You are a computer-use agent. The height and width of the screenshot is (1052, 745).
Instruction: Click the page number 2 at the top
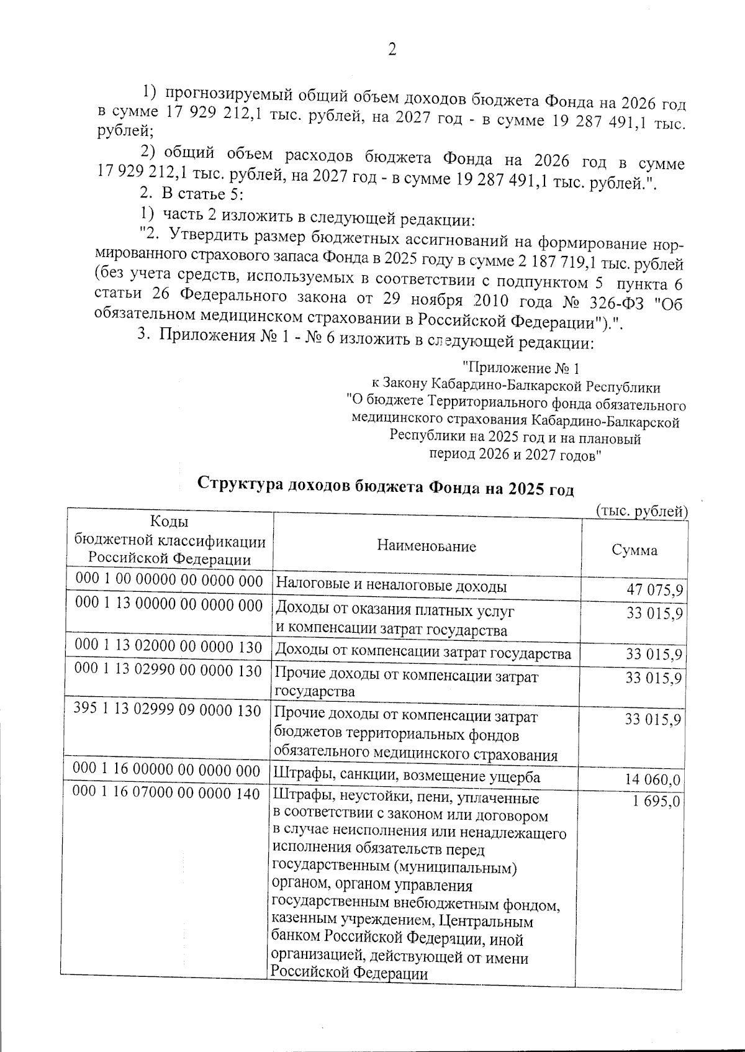(392, 50)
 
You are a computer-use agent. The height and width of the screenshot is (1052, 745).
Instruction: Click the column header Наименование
(426, 546)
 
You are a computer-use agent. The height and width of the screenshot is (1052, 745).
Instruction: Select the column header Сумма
(634, 550)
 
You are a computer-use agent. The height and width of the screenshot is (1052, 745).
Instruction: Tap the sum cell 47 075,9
(654, 589)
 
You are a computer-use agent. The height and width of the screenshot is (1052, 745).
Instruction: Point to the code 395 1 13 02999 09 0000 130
(167, 710)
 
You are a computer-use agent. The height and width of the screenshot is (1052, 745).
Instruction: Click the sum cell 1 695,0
(656, 801)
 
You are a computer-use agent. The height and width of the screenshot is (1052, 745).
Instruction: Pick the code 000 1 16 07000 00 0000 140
(166, 793)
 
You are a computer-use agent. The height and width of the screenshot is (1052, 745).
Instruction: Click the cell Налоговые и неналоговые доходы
(391, 586)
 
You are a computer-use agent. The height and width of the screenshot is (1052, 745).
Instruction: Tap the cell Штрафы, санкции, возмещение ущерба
(407, 776)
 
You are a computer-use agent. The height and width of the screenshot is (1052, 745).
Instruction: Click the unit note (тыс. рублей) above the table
(642, 512)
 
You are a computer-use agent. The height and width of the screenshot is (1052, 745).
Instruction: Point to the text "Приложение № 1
(521, 368)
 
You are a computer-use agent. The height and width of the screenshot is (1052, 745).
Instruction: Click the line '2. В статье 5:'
(186, 194)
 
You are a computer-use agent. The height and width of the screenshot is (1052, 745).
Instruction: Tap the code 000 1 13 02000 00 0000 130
(168, 646)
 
